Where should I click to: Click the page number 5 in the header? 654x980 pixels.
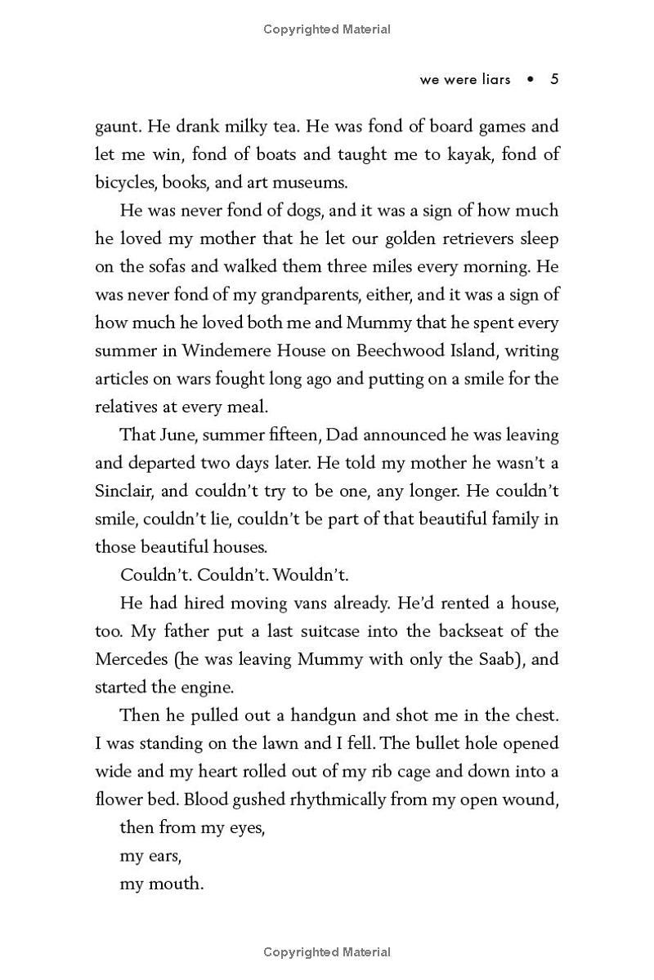click(x=554, y=79)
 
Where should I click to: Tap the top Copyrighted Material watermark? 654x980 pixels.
click(x=327, y=29)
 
